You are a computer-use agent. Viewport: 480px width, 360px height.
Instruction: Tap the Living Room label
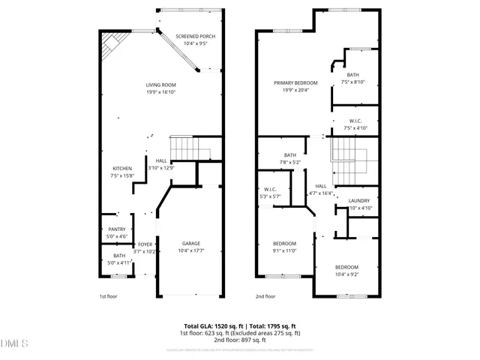[x=160, y=85]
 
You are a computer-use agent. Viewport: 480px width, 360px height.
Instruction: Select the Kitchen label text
[x=122, y=168]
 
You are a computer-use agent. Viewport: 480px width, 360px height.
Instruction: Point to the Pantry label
[x=117, y=229]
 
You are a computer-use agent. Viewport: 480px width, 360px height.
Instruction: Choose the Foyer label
[x=145, y=244]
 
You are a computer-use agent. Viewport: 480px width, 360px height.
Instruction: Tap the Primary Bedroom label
[x=295, y=82]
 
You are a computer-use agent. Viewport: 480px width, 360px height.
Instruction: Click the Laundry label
[x=359, y=200]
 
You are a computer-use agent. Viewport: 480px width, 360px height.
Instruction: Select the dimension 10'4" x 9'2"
[x=346, y=274]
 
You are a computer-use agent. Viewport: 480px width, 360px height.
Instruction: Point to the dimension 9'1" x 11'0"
[x=284, y=250]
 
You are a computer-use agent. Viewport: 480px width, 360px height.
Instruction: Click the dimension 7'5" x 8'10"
[x=352, y=82]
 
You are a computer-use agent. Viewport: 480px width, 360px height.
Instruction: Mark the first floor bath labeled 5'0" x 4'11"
[x=117, y=259]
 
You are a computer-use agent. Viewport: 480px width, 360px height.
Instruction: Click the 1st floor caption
[x=109, y=296]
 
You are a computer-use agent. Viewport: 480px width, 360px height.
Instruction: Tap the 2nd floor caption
[x=265, y=296]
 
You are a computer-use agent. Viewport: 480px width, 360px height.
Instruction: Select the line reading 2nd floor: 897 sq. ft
[x=239, y=340]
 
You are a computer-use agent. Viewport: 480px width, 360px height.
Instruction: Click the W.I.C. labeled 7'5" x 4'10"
[x=355, y=124]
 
